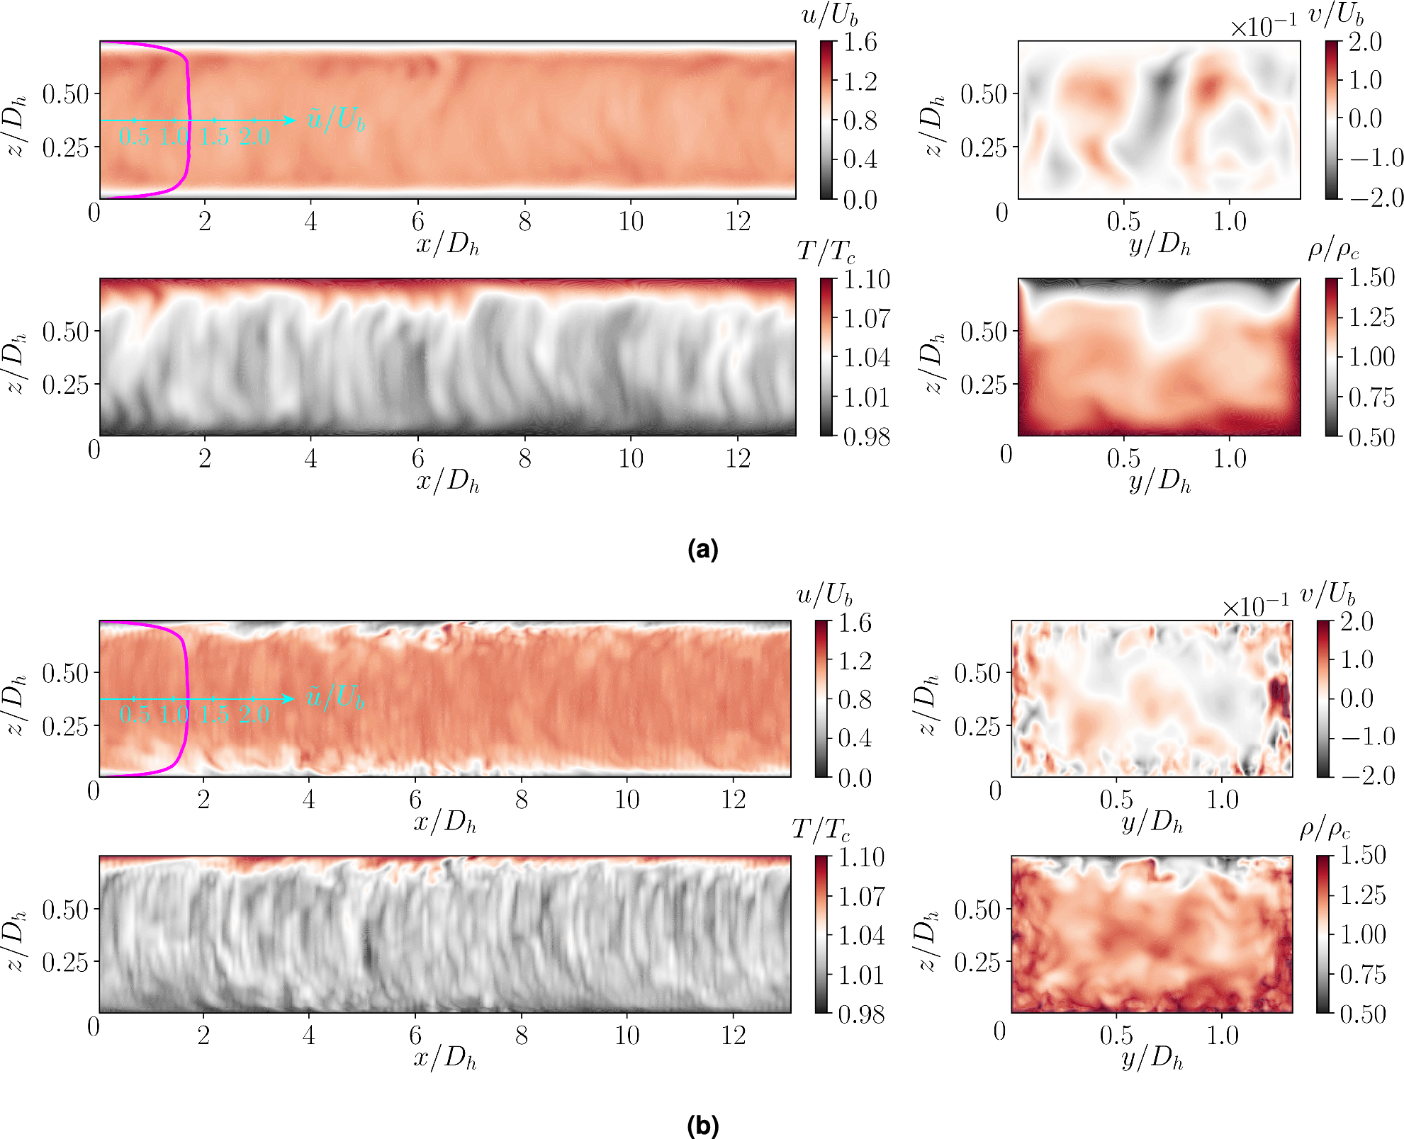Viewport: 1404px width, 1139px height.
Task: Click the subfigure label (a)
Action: [x=702, y=549]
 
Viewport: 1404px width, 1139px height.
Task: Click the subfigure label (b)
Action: [x=702, y=1126]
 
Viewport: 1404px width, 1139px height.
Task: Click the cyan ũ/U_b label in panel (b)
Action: [x=335, y=697]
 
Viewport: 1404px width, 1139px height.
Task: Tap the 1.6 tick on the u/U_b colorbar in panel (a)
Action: [x=860, y=42]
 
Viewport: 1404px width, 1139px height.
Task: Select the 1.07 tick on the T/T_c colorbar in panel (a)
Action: [x=866, y=319]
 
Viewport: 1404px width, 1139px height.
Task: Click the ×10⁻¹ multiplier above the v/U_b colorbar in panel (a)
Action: [x=1263, y=28]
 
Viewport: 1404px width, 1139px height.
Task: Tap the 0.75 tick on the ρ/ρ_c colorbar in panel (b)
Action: [x=1361, y=975]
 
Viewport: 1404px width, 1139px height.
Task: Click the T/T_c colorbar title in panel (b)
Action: [x=821, y=829]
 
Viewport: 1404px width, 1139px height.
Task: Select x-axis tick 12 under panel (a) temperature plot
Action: [x=737, y=459]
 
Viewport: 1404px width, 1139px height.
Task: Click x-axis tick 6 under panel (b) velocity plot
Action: [x=415, y=800]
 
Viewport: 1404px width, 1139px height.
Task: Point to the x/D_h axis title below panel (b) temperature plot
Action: [x=445, y=1058]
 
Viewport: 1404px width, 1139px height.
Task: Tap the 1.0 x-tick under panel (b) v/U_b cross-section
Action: [x=1222, y=800]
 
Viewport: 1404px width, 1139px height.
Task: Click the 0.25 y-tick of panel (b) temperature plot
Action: [x=65, y=962]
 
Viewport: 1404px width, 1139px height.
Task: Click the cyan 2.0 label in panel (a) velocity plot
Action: [x=254, y=137]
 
